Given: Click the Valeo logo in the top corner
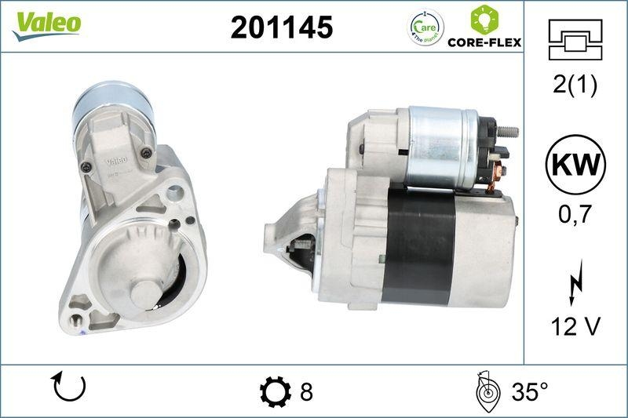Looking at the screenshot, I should pyautogui.click(x=46, y=24).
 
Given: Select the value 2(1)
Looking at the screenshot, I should pyautogui.click(x=575, y=85).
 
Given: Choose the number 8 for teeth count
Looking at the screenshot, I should pyautogui.click(x=306, y=391).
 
